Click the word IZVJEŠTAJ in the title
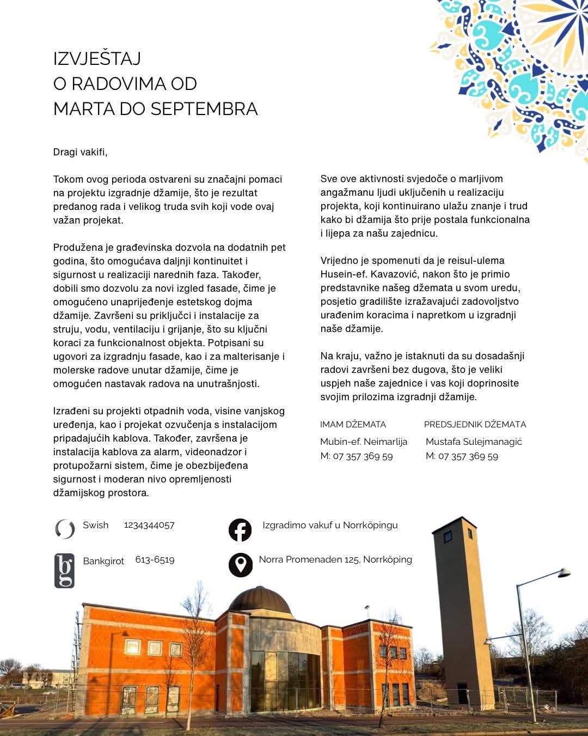pyautogui.click(x=97, y=59)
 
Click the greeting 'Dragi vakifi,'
pyautogui.click(x=80, y=152)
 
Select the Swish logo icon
pyautogui.click(x=65, y=529)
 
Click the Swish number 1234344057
pyautogui.click(x=149, y=525)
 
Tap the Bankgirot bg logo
pyautogui.click(x=64, y=571)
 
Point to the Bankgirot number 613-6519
pyautogui.click(x=155, y=560)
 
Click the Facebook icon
pyautogui.click(x=240, y=530)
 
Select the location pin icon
pyautogui.click(x=240, y=565)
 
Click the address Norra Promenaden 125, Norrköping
pyautogui.click(x=335, y=559)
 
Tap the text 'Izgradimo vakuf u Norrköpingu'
pyautogui.click(x=330, y=525)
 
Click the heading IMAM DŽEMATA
pyautogui.click(x=353, y=425)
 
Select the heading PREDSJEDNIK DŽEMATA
pyautogui.click(x=475, y=425)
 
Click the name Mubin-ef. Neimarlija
pyautogui.click(x=363, y=442)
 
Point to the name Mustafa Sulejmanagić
pyautogui.click(x=474, y=442)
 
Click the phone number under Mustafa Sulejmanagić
pyautogui.click(x=468, y=456)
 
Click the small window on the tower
pyautogui.click(x=447, y=536)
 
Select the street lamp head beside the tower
pyautogui.click(x=563, y=572)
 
